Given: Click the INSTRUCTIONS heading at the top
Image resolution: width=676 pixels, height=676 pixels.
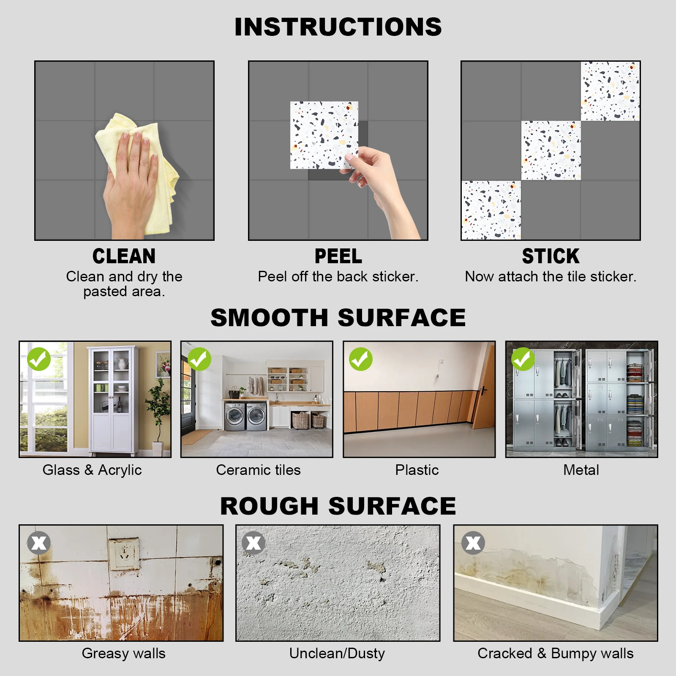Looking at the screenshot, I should click(338, 27).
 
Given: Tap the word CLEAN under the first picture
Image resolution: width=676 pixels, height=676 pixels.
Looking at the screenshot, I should click(124, 256).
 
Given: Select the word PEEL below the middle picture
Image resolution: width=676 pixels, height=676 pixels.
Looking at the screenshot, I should click(338, 256).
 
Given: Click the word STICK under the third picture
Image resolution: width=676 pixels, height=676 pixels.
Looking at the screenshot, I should click(551, 256).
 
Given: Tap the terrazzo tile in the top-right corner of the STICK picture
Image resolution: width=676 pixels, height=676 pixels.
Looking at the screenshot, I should click(610, 91).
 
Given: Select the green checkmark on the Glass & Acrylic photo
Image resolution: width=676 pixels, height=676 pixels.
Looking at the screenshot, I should click(39, 359).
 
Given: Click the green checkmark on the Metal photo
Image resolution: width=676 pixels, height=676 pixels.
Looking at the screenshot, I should click(523, 359).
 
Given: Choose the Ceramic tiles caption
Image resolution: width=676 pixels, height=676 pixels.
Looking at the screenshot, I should click(258, 470).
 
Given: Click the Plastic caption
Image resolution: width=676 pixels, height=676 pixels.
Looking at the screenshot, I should click(417, 470).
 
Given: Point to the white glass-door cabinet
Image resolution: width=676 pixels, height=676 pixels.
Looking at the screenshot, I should click(112, 399).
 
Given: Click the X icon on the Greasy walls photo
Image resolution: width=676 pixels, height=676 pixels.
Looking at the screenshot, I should click(39, 543).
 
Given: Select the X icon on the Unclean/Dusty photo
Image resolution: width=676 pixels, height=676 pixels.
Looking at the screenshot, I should click(253, 543).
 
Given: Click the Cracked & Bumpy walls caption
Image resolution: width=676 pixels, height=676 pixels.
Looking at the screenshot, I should click(555, 653).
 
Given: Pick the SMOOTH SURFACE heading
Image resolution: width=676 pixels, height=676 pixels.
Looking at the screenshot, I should click(338, 318).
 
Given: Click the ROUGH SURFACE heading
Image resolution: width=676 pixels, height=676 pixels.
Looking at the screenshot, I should click(338, 506).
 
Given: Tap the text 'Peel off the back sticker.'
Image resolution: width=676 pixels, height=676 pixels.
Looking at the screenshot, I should click(338, 277).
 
